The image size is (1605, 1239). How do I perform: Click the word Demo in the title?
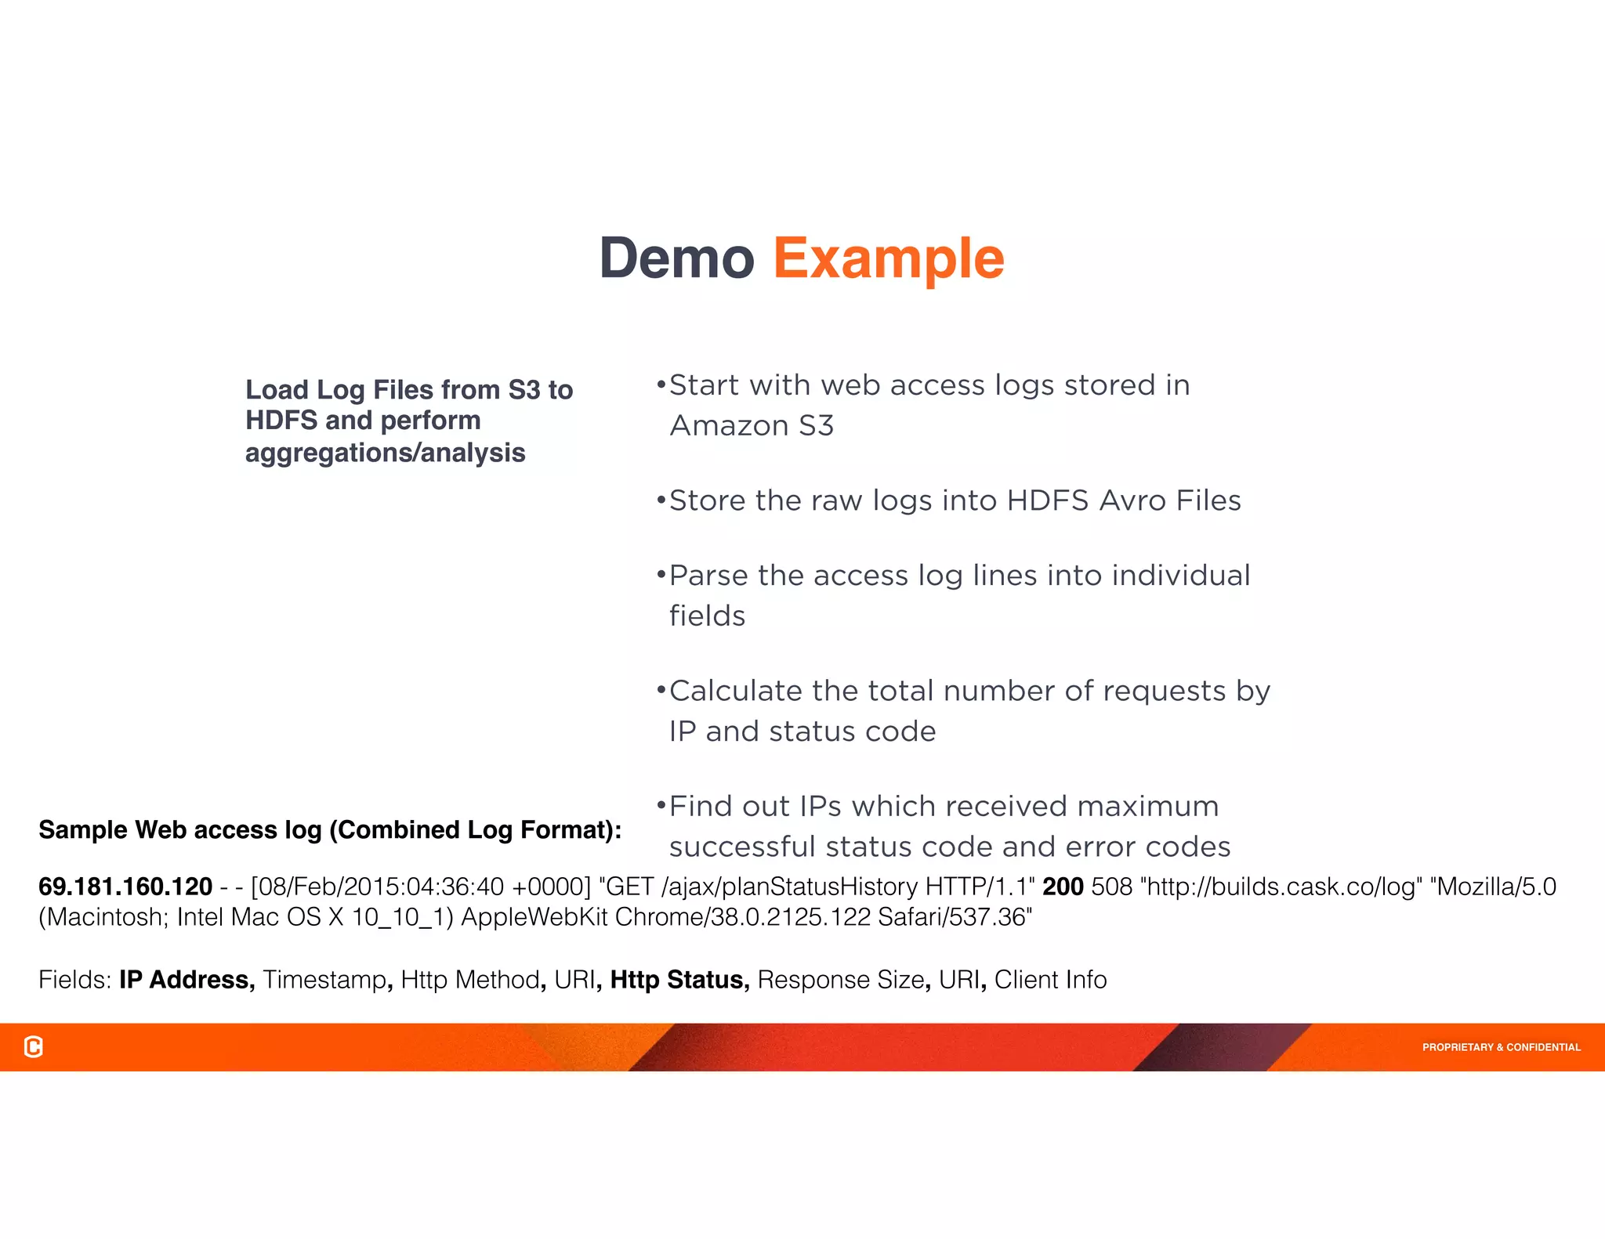coord(676,258)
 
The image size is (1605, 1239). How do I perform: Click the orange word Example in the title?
coord(888,258)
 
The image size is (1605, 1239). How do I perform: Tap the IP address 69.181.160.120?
coord(125,887)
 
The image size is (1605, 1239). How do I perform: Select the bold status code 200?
coord(1063,887)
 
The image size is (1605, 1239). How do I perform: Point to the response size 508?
coord(1111,887)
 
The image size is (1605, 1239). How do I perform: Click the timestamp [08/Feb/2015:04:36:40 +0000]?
coord(421,887)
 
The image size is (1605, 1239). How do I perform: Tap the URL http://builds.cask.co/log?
coord(1281,887)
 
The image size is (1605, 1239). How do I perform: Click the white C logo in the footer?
coord(34,1046)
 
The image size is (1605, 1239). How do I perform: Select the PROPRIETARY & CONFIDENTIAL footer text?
coord(1501,1047)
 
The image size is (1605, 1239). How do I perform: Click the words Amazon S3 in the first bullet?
coord(752,426)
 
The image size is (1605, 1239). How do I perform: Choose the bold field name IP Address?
coord(187,980)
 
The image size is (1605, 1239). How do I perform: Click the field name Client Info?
coord(1050,980)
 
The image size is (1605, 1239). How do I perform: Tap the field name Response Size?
coord(840,980)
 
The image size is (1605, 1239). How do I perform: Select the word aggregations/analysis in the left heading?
coord(385,453)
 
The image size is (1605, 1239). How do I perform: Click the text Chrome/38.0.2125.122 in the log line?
coord(743,917)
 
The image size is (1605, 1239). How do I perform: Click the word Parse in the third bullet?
coord(708,576)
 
